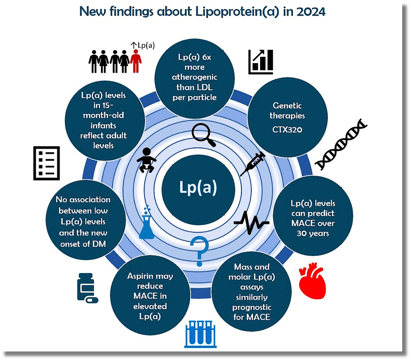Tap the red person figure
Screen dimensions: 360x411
(x=136, y=61)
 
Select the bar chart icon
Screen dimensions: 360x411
(x=261, y=62)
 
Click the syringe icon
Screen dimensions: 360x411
(x=253, y=164)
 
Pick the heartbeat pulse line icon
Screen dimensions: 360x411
(x=251, y=222)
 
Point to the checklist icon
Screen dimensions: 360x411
(x=47, y=163)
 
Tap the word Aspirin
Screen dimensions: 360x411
(x=150, y=276)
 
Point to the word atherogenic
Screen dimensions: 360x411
(x=195, y=77)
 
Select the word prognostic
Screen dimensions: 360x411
(x=251, y=307)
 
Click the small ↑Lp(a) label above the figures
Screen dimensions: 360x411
(x=143, y=45)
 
